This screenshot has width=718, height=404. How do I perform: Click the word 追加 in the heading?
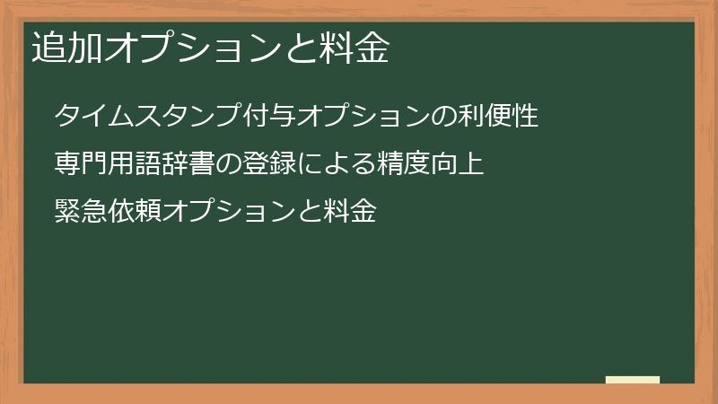[67, 49]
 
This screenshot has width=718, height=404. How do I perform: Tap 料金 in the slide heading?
[354, 49]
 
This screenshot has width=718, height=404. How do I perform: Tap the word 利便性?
[498, 116]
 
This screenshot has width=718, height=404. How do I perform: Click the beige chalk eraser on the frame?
[633, 380]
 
